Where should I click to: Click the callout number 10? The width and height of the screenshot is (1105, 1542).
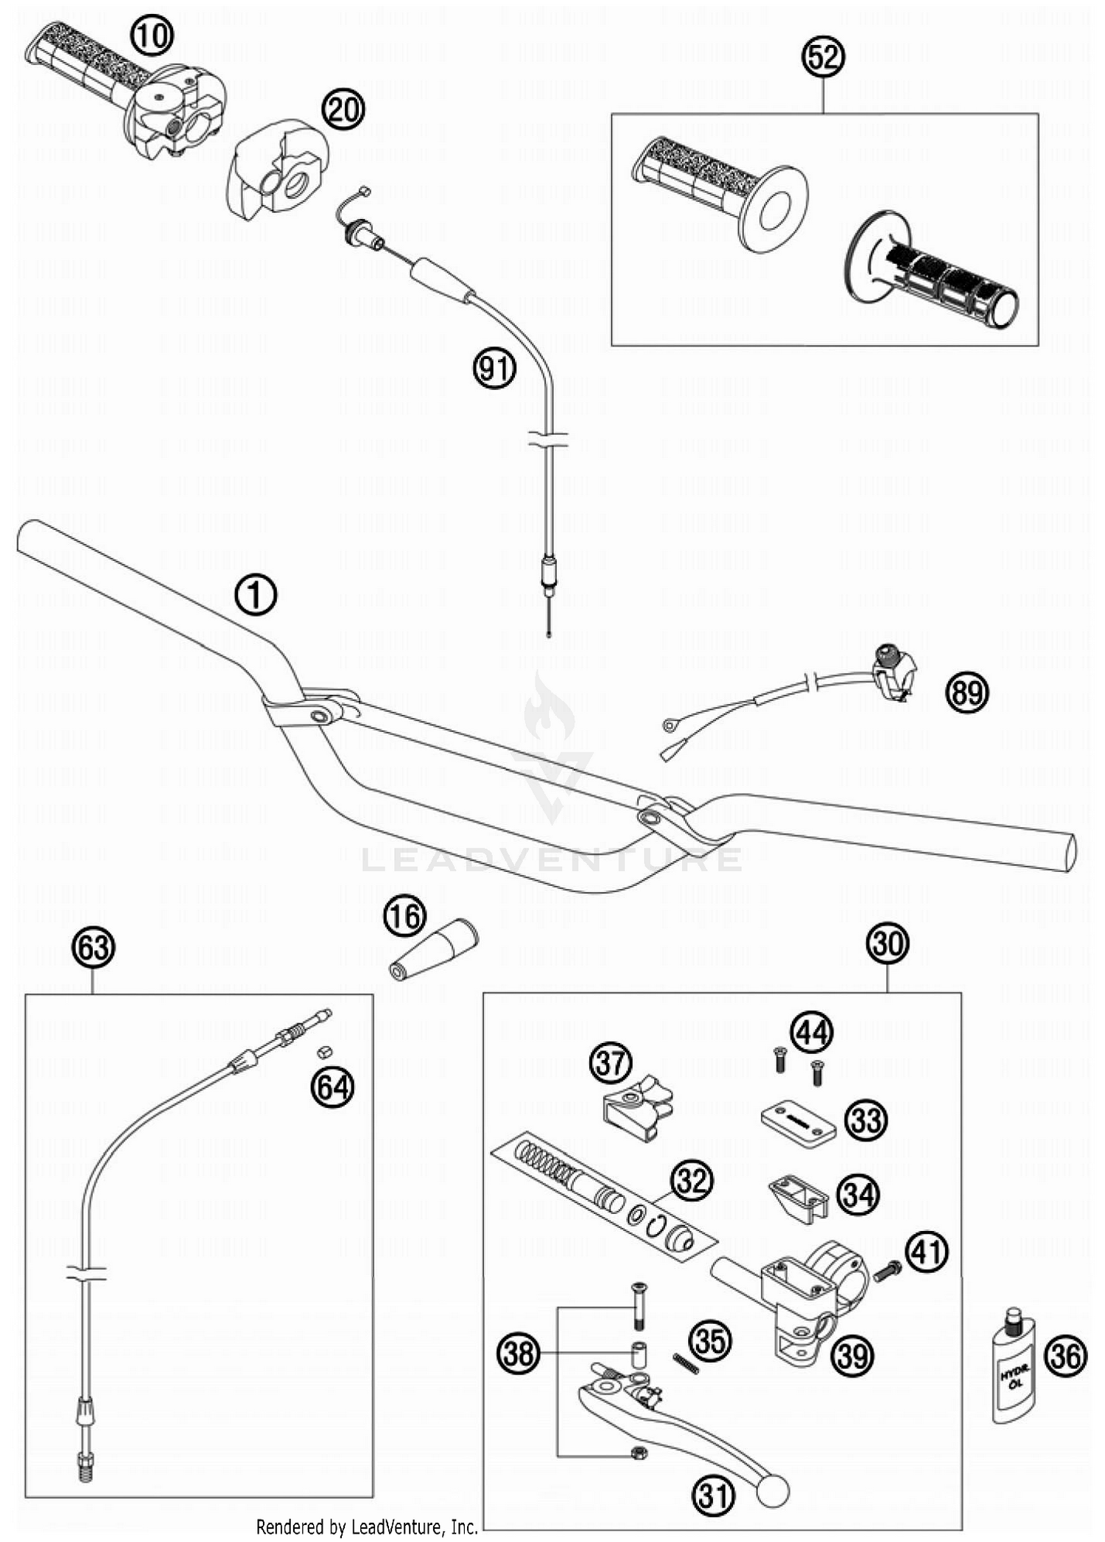point(152,35)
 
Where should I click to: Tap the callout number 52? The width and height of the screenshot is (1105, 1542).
point(822,57)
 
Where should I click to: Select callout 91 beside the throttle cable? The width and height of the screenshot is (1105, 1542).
point(494,368)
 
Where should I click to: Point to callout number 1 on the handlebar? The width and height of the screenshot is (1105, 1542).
point(256,595)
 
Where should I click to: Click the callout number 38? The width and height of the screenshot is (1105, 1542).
point(519,1353)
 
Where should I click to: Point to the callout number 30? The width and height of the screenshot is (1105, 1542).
point(887,943)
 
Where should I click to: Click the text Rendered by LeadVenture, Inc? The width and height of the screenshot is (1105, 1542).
point(367,1526)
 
